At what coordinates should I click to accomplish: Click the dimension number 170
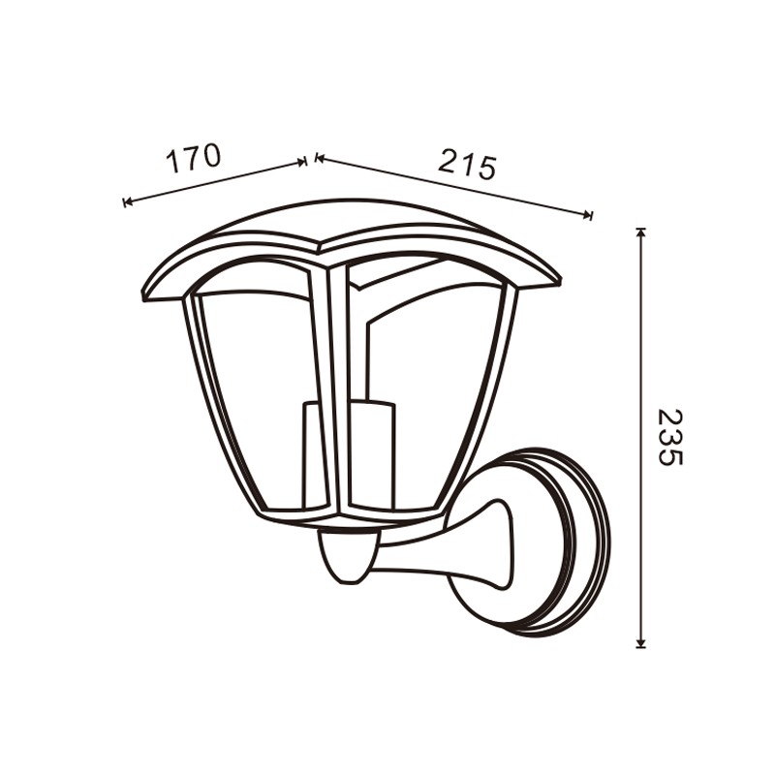(x=193, y=158)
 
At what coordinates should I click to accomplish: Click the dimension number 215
(x=467, y=161)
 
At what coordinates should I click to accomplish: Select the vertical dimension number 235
(x=670, y=437)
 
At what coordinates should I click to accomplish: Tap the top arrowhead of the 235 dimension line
(x=640, y=232)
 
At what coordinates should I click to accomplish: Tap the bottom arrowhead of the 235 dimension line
(x=640, y=642)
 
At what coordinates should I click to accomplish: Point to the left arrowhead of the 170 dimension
(x=128, y=201)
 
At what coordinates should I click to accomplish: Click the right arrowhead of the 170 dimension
(x=301, y=162)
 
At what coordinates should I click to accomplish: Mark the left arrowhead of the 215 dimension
(x=320, y=158)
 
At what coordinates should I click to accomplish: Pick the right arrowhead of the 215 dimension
(x=587, y=214)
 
